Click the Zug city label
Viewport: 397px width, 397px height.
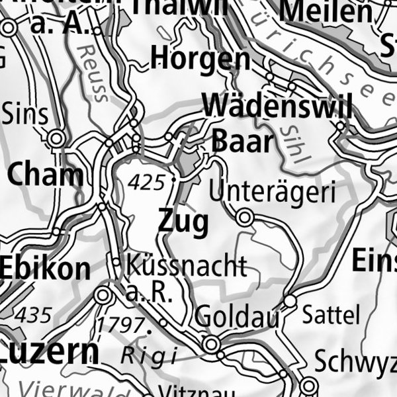183,221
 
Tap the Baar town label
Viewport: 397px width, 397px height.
242,141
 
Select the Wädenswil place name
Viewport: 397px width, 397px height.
278,106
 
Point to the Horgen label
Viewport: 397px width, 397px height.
200,60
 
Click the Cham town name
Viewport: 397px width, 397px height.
46,175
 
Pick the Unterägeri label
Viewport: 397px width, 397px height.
273,192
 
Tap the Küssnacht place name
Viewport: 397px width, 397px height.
186,266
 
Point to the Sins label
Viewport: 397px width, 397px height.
25,114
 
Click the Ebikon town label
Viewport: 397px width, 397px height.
45,269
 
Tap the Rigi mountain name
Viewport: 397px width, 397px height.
148,355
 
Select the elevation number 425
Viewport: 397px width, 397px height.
146,183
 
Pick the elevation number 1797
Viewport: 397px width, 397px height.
120,325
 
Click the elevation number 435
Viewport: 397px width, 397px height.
34,315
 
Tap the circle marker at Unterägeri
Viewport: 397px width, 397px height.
245,216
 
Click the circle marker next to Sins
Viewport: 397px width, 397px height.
56,138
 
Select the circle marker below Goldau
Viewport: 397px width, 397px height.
211,344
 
